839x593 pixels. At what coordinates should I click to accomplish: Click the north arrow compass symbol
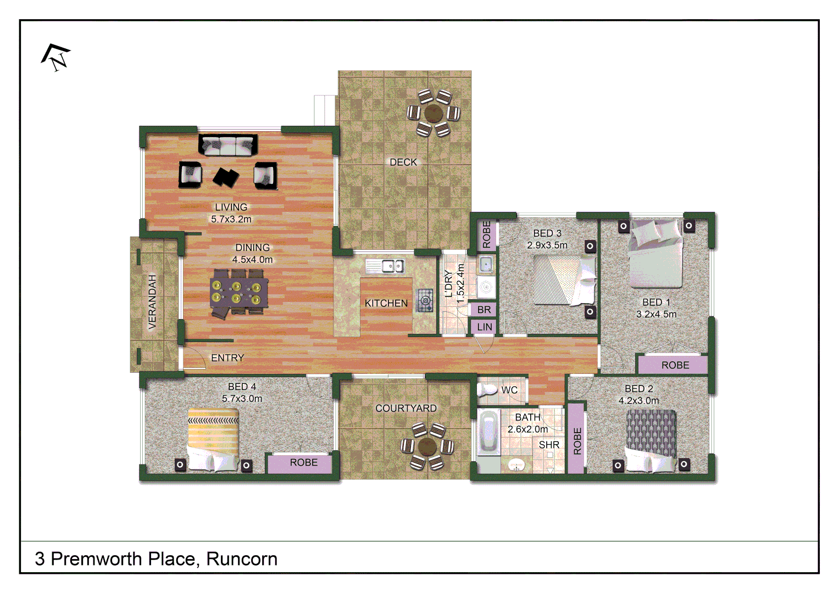click(55, 57)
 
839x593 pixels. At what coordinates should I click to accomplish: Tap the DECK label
click(403, 163)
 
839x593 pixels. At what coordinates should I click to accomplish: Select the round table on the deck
click(434, 113)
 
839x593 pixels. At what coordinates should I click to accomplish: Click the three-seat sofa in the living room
click(227, 146)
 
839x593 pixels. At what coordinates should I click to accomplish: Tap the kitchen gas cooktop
click(425, 300)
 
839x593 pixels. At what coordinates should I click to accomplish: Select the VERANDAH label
click(152, 301)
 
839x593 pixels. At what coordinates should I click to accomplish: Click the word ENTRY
click(227, 358)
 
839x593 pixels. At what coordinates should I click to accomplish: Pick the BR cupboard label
click(484, 310)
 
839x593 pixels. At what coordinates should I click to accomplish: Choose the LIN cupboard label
click(485, 327)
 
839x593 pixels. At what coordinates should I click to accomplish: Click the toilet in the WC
click(487, 390)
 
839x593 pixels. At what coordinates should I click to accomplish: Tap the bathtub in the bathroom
click(488, 432)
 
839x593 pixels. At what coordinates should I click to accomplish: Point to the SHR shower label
click(549, 445)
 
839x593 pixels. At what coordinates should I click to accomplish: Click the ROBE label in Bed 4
click(303, 463)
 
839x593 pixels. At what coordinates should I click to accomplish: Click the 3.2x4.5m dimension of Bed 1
click(656, 314)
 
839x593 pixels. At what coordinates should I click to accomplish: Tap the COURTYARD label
click(406, 409)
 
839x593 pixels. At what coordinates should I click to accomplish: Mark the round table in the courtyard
click(427, 446)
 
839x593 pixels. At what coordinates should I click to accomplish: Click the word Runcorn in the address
click(242, 559)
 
